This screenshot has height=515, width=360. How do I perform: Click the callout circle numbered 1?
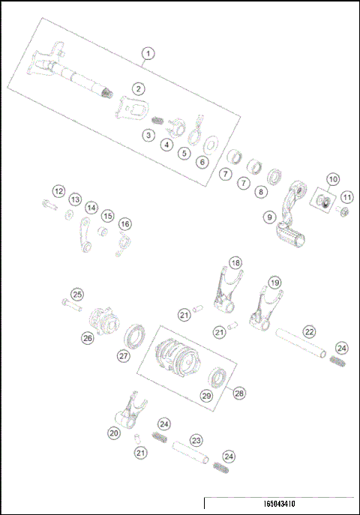148,54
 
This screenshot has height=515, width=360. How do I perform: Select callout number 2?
139,89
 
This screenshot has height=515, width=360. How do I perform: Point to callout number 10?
331,180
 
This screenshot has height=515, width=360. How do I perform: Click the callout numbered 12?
58,191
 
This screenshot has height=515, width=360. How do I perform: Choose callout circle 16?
124,224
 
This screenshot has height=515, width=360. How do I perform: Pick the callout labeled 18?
236,263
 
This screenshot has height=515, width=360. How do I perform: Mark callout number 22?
308,331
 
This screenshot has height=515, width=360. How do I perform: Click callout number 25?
77,295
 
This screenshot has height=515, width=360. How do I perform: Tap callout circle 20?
114,433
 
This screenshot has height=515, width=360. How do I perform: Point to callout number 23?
196,440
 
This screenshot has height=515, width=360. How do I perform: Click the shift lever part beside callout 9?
292,217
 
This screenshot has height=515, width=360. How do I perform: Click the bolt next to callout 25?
70,305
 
